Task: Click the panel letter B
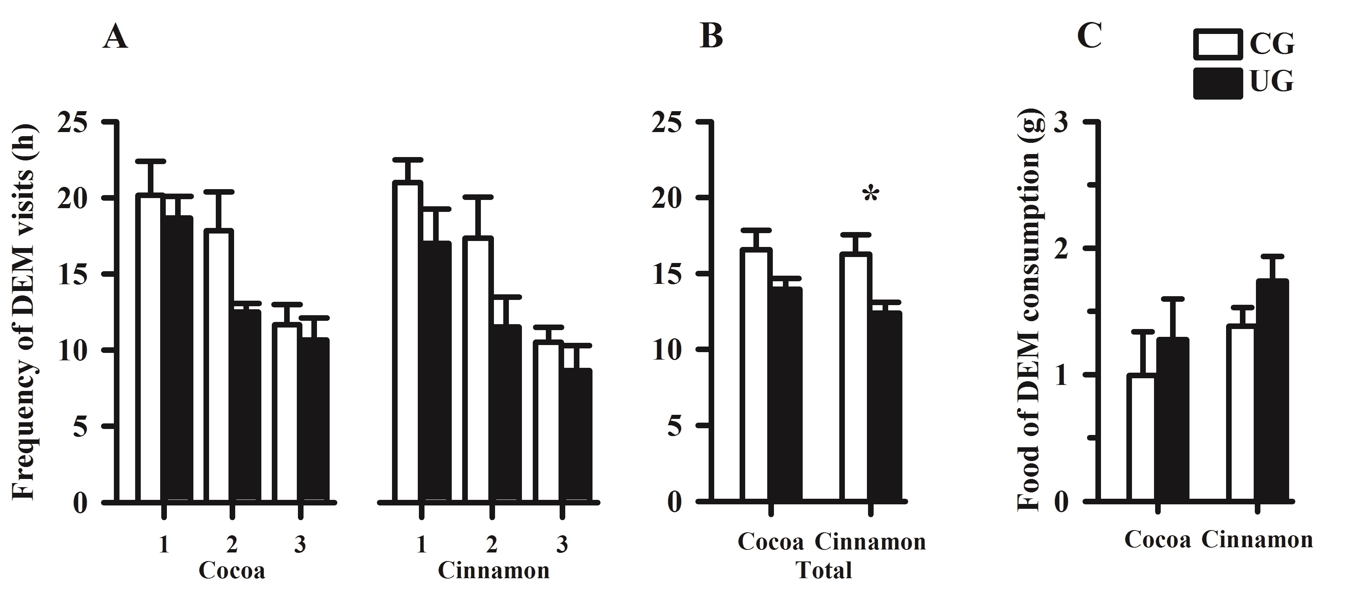(x=711, y=37)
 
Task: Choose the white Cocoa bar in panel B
(x=756, y=375)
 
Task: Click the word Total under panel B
(x=824, y=570)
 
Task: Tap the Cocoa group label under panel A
(x=231, y=570)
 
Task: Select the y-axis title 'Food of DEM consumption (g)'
(x=1029, y=310)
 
